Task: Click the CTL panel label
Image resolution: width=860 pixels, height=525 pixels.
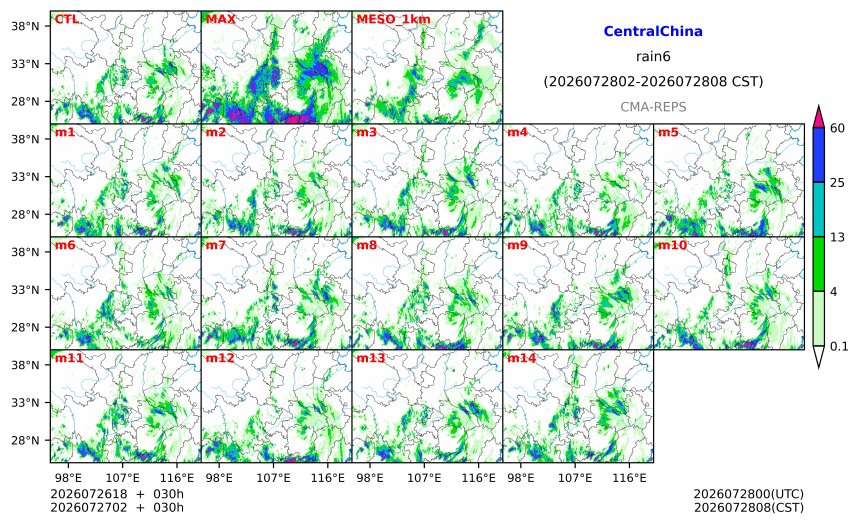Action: point(66,19)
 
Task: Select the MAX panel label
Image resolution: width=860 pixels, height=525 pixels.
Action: point(220,19)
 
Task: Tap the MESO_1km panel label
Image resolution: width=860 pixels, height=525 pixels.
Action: point(393,19)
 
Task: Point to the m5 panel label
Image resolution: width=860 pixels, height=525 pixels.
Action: point(668,132)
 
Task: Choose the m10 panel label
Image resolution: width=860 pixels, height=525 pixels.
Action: point(672,245)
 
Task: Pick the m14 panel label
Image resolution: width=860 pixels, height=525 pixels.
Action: point(521,358)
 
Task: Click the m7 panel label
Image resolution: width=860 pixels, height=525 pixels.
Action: point(216,245)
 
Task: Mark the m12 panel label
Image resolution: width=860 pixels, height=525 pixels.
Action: point(219,358)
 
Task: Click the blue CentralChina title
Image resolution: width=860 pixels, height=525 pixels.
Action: point(653,31)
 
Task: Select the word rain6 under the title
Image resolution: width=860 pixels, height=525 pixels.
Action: point(653,57)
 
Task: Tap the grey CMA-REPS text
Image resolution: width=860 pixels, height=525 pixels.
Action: point(653,107)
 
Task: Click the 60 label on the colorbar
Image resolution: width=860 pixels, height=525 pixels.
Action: point(838,128)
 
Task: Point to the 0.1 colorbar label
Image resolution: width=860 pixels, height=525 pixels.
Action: point(839,346)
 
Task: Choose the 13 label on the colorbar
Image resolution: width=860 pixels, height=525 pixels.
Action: point(838,237)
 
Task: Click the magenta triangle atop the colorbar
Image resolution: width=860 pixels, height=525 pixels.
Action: point(818,117)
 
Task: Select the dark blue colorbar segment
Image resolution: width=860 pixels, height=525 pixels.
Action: point(818,155)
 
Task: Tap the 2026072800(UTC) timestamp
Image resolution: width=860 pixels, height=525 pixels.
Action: point(749,494)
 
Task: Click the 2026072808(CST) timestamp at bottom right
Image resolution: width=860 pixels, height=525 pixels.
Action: point(749,507)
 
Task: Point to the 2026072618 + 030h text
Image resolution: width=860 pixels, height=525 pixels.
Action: point(117,494)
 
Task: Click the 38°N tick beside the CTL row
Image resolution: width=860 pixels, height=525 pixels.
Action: point(25,26)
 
